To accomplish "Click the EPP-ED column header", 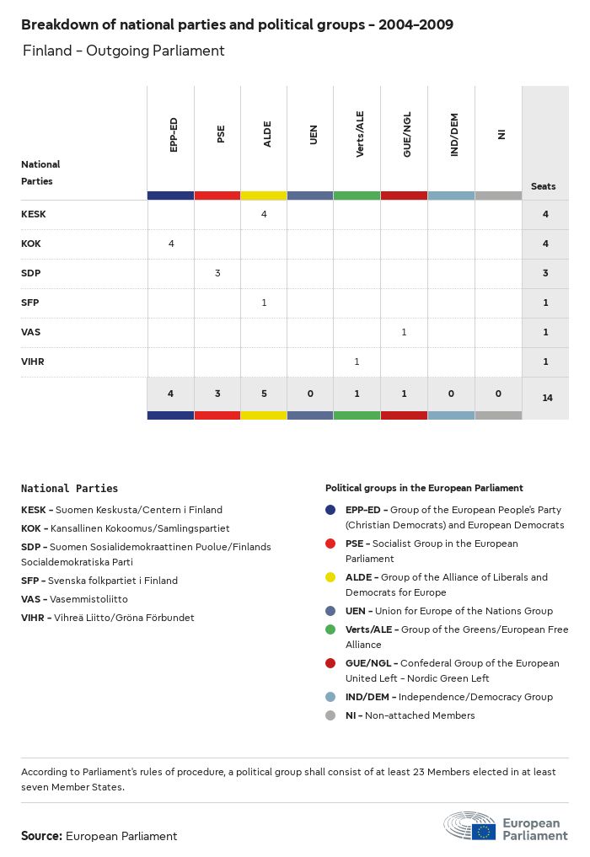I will (x=173, y=135).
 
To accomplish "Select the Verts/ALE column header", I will (x=360, y=135).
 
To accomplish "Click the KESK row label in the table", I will (x=34, y=214).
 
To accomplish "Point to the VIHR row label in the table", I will (x=33, y=362).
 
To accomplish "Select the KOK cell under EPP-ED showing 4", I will (x=171, y=244).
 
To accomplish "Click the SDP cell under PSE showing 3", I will (x=217, y=273).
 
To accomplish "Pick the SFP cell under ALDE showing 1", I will (x=264, y=303).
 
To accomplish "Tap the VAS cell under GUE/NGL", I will (x=404, y=332).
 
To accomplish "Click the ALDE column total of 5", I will (x=264, y=394).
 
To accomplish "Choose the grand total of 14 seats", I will (x=547, y=397).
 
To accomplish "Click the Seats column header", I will (x=544, y=186).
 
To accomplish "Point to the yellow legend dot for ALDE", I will (x=330, y=577).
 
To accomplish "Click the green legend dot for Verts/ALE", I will (x=330, y=629).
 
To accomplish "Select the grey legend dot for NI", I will (x=330, y=715).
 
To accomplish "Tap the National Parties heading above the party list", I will (x=69, y=489).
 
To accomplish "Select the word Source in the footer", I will (x=40, y=836).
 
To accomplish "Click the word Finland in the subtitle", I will (x=47, y=51).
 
